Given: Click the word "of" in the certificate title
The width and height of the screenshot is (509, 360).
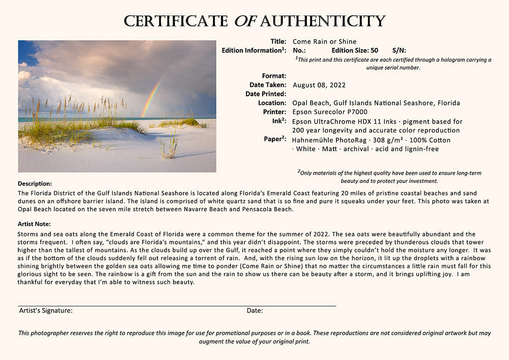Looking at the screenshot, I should (245, 21).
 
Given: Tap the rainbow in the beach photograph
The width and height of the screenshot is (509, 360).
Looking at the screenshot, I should (152, 97).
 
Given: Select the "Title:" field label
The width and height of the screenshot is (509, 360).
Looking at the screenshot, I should (278, 42).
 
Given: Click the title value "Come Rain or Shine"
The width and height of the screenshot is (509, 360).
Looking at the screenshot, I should (324, 42).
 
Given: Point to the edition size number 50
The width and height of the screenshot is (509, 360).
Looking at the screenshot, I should (374, 50).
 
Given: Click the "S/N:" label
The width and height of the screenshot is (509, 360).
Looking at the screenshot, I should (399, 50).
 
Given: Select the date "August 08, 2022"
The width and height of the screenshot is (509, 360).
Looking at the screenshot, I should (319, 85).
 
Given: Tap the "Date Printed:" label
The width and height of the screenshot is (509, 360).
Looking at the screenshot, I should (266, 94).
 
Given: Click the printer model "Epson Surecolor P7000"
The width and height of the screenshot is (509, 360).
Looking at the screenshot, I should (330, 112).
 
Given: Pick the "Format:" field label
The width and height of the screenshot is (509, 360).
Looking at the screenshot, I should (274, 76).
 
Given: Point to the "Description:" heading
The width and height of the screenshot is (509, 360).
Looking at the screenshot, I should (35, 183).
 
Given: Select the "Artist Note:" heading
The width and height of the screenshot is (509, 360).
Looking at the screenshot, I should (34, 224).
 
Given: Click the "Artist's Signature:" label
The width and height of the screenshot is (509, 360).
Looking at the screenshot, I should (46, 311).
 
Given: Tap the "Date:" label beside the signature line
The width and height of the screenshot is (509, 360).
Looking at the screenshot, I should (254, 311).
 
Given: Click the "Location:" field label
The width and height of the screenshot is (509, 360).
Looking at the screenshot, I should (272, 103).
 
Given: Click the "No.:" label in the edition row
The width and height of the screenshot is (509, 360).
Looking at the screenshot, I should (299, 50).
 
